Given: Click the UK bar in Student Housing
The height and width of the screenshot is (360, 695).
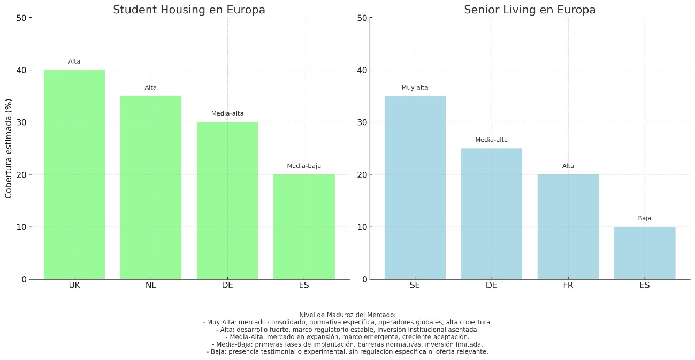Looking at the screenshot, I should tap(74, 174).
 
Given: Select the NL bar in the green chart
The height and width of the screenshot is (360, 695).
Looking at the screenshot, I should tap(151, 187).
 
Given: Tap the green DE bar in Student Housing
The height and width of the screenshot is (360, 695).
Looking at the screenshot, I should tap(227, 201).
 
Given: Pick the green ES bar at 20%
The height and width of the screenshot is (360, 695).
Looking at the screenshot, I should tap(304, 227).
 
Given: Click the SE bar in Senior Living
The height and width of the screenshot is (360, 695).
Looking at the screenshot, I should tap(415, 187).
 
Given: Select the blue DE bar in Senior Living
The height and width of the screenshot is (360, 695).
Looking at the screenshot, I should tap(491, 213).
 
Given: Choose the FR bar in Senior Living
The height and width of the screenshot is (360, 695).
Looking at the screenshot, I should tap(568, 227).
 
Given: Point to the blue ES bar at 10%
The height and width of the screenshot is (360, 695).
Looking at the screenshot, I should tap(644, 253).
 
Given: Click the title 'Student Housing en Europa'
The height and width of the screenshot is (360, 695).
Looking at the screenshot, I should tap(189, 10).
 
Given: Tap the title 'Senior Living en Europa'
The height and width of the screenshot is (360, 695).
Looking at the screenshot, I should tap(530, 10).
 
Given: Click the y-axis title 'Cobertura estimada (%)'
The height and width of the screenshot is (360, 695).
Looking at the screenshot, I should tap(9, 148).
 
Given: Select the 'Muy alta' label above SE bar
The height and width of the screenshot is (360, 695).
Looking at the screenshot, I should tap(415, 88).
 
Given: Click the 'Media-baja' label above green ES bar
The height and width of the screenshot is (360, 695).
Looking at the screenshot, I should tap(304, 166).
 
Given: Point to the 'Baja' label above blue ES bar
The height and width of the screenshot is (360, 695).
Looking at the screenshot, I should tap(644, 218).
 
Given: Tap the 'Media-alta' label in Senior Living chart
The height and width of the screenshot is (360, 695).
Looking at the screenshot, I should tap(491, 140).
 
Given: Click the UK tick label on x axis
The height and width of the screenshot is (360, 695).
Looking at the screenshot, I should tap(74, 286).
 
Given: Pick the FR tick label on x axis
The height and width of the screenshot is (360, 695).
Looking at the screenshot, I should tap(568, 286).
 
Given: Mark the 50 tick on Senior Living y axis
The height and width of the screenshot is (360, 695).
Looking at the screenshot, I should tap(362, 18).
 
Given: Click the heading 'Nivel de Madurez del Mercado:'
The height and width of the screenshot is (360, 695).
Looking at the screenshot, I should tap(347, 315).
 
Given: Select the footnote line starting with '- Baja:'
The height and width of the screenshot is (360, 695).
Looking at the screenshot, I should tap(347, 352).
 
